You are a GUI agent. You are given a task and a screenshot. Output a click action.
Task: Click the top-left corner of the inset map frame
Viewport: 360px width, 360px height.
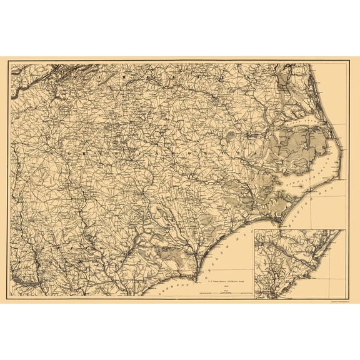(x=255, y=230)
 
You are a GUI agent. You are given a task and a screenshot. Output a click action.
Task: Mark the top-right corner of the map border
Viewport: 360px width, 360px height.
(x=347, y=64)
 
